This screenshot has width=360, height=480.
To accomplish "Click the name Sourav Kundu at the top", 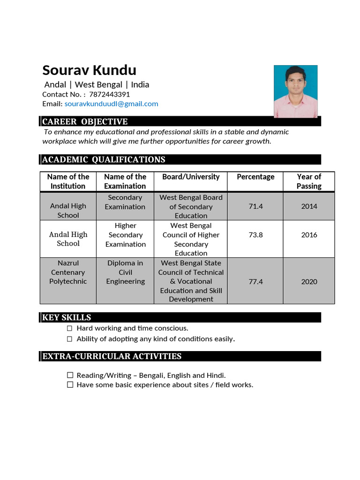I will click(x=89, y=70).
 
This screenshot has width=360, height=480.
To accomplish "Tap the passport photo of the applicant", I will click(x=295, y=91).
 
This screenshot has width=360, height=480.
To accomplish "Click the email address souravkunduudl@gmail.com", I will click(x=111, y=104).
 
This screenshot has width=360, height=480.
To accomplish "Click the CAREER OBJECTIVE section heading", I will click(x=85, y=122).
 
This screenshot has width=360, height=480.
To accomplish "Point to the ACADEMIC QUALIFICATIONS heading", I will click(x=104, y=159).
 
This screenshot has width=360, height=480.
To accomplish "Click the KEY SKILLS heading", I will click(x=67, y=317).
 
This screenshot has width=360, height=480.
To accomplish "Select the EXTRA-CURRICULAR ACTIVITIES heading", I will click(x=112, y=356).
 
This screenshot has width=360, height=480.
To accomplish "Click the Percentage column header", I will click(x=255, y=177).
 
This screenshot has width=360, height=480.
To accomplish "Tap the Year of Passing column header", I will click(x=309, y=181).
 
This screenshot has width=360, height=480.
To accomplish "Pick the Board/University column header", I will click(x=191, y=177).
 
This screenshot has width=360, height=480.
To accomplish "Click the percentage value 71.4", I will click(x=255, y=206).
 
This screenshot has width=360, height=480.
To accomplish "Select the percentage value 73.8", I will click(x=255, y=235).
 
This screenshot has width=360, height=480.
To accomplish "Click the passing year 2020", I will click(x=309, y=282).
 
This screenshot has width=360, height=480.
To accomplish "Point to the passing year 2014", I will click(x=309, y=206).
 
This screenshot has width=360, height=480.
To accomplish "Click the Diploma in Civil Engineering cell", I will click(x=125, y=272).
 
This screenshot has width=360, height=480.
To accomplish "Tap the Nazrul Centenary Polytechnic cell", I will click(x=68, y=272).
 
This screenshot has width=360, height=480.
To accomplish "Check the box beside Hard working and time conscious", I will click(x=70, y=329).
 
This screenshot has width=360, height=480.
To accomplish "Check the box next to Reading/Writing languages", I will click(x=70, y=375).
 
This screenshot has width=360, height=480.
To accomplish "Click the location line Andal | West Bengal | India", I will click(x=97, y=85).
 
